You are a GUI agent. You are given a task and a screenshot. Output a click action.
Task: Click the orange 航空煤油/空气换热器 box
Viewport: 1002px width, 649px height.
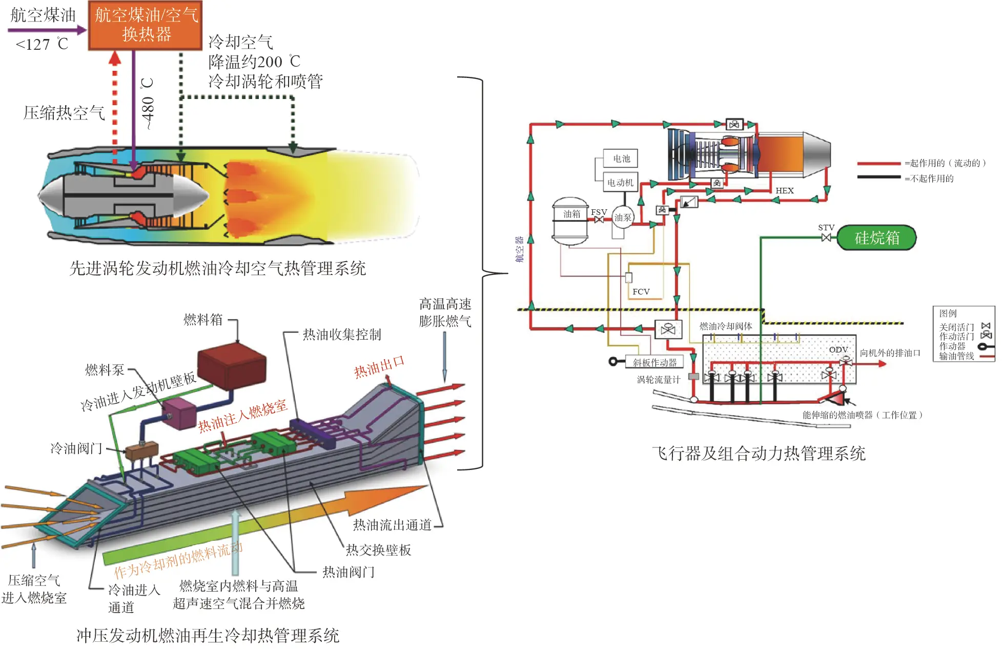click(145, 25)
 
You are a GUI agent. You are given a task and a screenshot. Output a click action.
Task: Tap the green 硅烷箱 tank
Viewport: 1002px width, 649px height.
click(876, 238)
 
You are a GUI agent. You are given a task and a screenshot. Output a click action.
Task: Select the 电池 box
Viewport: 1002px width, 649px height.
click(621, 159)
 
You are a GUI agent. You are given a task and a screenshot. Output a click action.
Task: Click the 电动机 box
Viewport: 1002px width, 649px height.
click(620, 182)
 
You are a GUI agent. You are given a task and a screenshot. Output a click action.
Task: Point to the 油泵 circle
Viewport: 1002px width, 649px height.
click(623, 218)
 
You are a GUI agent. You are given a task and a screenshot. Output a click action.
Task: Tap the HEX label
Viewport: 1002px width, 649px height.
click(784, 191)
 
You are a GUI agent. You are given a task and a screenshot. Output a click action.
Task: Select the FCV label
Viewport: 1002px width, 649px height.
click(641, 291)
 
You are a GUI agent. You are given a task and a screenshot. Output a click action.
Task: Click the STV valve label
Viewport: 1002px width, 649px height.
click(826, 227)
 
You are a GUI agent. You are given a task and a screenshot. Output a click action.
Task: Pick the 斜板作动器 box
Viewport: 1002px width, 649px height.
click(655, 362)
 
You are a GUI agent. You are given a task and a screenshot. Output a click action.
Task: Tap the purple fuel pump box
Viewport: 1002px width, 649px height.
click(179, 414)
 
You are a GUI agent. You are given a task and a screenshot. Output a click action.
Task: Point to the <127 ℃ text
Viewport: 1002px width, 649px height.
click(42, 45)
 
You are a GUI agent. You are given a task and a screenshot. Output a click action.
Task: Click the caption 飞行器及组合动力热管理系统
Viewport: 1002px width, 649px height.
click(759, 453)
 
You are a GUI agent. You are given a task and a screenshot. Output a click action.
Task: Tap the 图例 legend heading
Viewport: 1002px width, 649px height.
click(948, 313)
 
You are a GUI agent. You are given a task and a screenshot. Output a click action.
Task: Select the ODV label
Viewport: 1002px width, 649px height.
click(838, 349)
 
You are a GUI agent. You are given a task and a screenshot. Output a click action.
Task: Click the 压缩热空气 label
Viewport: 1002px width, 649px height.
click(64, 113)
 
